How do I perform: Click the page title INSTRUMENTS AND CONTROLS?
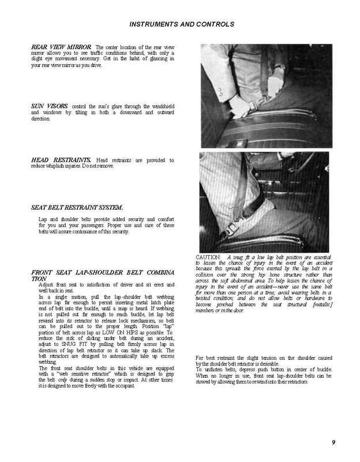coord(180,25)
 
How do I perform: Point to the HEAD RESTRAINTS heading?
coord(59,159)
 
